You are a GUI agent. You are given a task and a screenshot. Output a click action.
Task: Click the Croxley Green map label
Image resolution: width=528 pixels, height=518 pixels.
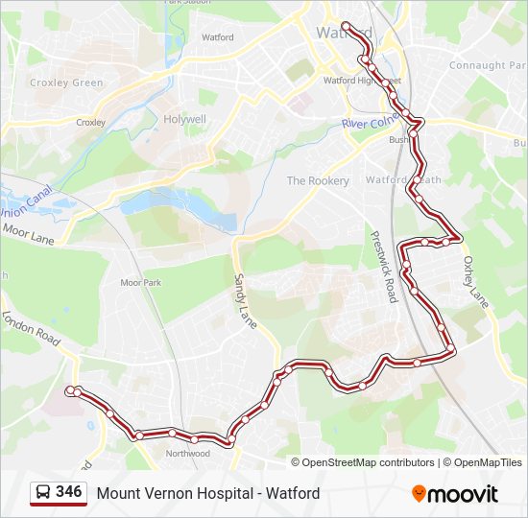tap(66, 82)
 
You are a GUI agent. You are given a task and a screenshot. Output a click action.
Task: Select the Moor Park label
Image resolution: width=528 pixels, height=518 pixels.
tap(141, 283)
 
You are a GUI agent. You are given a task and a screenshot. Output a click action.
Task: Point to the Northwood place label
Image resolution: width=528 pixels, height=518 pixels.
tap(187, 454)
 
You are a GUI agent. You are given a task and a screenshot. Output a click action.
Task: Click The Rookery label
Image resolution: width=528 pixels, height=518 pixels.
tap(310, 180)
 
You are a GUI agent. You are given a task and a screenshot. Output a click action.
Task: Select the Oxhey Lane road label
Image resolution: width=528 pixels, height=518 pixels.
tap(476, 281)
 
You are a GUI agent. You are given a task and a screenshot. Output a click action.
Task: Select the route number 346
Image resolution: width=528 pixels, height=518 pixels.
tap(68, 492)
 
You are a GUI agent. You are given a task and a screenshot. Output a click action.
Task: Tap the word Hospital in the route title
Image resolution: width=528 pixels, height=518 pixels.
tap(204, 494)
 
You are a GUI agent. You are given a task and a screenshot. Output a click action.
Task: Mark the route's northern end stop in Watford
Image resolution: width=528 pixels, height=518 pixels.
tap(346, 26)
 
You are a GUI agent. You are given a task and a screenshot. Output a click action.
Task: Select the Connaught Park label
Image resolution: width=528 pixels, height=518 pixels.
tap(490, 65)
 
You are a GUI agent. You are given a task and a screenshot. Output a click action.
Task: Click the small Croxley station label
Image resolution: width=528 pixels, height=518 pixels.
tap(90, 123)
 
